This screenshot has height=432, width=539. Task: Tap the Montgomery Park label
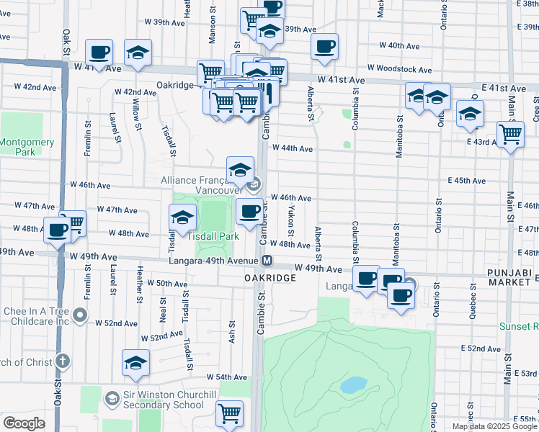coord(26,147)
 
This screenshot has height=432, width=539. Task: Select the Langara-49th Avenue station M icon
coord(267,261)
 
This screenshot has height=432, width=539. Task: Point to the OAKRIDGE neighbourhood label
coord(270,277)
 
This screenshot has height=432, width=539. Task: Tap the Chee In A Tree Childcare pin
coord(80,315)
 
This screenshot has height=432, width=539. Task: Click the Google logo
coord(24,423)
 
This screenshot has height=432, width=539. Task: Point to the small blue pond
coord(353,385)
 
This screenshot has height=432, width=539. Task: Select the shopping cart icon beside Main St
coord(510,133)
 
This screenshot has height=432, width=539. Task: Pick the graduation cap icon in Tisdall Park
coord(183,218)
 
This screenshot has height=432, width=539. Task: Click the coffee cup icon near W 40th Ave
coord(324,47)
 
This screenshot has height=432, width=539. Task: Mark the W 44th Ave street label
coord(293,148)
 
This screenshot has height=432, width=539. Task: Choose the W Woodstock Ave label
coord(399,69)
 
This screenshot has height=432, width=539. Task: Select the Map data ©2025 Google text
coord(494,426)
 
